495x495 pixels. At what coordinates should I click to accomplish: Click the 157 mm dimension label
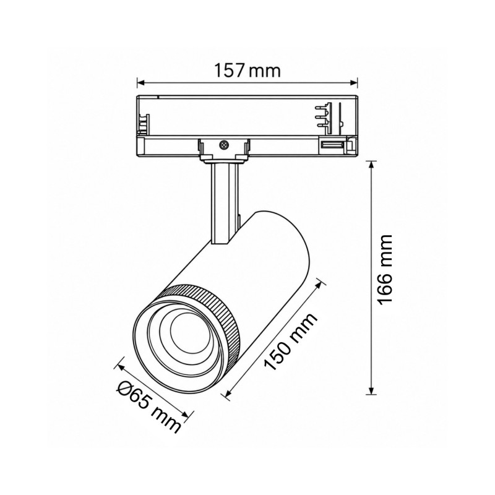tap(247, 71)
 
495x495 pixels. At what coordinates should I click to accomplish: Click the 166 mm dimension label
tap(385, 269)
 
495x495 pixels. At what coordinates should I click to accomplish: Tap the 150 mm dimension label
tap(290, 342)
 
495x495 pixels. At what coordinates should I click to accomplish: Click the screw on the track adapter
tap(224, 145)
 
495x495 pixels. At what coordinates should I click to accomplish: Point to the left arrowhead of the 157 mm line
tap(141, 83)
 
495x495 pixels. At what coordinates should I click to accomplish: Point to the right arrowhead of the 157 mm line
tap(353, 83)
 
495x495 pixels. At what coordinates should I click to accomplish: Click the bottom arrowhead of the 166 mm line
tap(372, 390)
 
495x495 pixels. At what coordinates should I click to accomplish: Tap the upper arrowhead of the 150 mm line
tap(320, 284)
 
